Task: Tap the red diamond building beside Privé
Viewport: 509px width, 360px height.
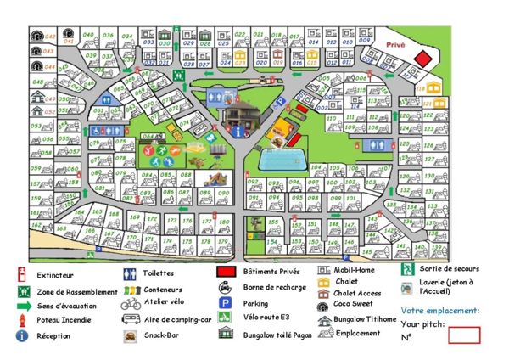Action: tap(423, 57)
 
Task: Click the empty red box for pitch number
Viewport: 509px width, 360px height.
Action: tap(463, 335)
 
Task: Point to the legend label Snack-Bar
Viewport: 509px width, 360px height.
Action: tap(160, 335)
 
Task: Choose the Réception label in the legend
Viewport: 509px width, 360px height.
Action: tap(53, 336)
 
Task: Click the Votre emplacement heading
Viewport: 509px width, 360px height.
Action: tap(439, 311)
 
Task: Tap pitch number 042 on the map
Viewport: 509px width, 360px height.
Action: tap(49, 37)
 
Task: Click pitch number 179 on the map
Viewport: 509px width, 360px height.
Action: tap(223, 241)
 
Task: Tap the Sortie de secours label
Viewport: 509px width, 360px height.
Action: tap(449, 269)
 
